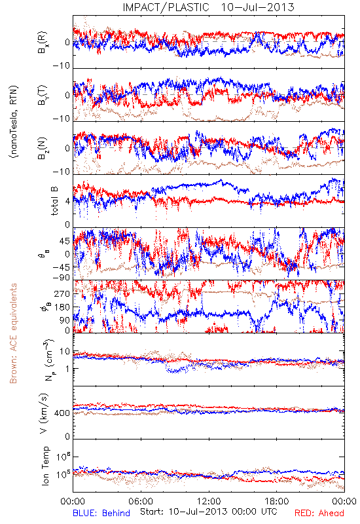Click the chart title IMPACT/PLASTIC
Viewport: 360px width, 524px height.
pyautogui.click(x=166, y=7)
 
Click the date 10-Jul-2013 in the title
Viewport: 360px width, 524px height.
pyautogui.click(x=257, y=7)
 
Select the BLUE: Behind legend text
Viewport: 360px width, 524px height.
pyautogui.click(x=101, y=513)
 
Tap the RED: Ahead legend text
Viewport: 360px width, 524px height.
pyautogui.click(x=319, y=513)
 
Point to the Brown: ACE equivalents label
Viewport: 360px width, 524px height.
pyautogui.click(x=13, y=333)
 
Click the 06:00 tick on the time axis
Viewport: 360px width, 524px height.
pyautogui.click(x=141, y=501)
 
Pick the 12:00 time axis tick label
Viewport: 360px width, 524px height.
pyautogui.click(x=209, y=501)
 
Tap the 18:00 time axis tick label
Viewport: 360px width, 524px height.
pyautogui.click(x=276, y=501)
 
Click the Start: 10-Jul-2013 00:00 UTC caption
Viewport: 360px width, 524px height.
pyautogui.click(x=208, y=512)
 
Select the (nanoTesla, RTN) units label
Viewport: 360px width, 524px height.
pyautogui.click(x=14, y=122)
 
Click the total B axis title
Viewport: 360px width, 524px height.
pyautogui.click(x=55, y=200)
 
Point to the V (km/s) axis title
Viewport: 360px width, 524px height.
pyautogui.click(x=44, y=413)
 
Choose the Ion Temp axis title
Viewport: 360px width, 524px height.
pyautogui.click(x=45, y=466)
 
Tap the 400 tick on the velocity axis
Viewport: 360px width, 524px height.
pyautogui.click(x=62, y=413)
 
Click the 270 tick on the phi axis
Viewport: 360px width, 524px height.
pyautogui.click(x=62, y=293)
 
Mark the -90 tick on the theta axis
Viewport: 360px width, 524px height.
pyautogui.click(x=62, y=278)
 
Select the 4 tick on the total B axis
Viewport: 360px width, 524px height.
pyautogui.click(x=68, y=202)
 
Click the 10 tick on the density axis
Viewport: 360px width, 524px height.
pyautogui.click(x=65, y=352)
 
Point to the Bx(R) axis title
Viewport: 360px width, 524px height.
pyautogui.click(x=43, y=42)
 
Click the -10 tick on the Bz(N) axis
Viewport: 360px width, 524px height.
pyautogui.click(x=62, y=172)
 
